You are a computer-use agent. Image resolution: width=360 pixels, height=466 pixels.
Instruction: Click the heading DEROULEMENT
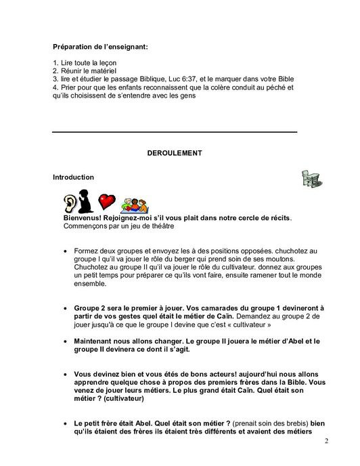[175, 154]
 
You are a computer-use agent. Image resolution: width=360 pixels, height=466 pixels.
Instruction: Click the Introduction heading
[73, 177]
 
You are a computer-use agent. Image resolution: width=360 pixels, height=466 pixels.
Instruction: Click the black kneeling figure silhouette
[87, 203]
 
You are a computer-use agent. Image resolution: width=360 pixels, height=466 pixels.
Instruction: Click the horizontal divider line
[175, 131]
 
